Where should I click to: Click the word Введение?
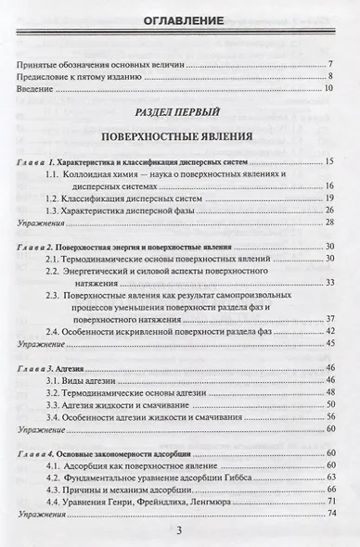(x=34, y=88)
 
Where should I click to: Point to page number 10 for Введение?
(x=328, y=88)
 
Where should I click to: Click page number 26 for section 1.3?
(x=329, y=211)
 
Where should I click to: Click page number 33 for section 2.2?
(x=329, y=283)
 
